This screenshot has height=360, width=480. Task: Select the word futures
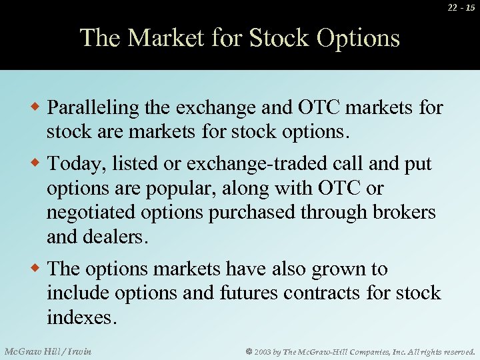(257, 293)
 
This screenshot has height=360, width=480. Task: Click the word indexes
(81, 317)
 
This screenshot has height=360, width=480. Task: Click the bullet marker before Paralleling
(38, 107)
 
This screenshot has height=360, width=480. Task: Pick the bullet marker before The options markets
(38, 269)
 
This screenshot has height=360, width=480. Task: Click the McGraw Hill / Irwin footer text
(48, 351)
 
